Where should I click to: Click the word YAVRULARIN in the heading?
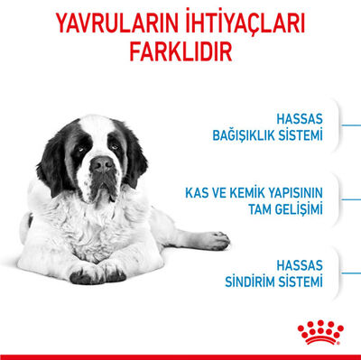pos(106,20)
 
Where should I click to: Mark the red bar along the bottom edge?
pos(180,356)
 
